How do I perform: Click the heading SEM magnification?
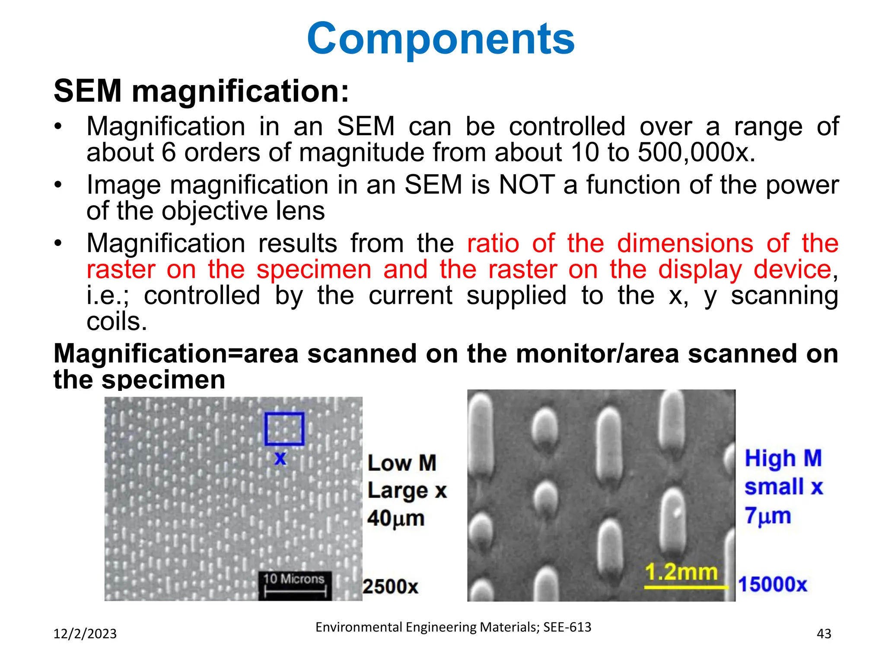tap(201, 91)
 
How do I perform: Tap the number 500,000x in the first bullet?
tap(696, 153)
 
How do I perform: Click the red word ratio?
tap(493, 243)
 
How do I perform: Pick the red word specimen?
tap(314, 270)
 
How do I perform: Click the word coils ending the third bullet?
tap(117, 322)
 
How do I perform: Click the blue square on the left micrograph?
tap(284, 429)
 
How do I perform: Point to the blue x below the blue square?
tap(280, 458)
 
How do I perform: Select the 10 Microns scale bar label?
tap(294, 579)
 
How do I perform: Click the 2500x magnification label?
tap(390, 587)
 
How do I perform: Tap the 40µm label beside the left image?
tap(396, 518)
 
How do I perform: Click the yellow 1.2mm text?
tap(681, 572)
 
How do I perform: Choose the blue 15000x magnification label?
tap(773, 584)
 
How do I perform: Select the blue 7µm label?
tap(768, 516)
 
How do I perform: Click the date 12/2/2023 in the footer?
tap(85, 634)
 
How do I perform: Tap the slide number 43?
tap(824, 634)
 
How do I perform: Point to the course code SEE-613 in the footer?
tap(567, 627)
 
